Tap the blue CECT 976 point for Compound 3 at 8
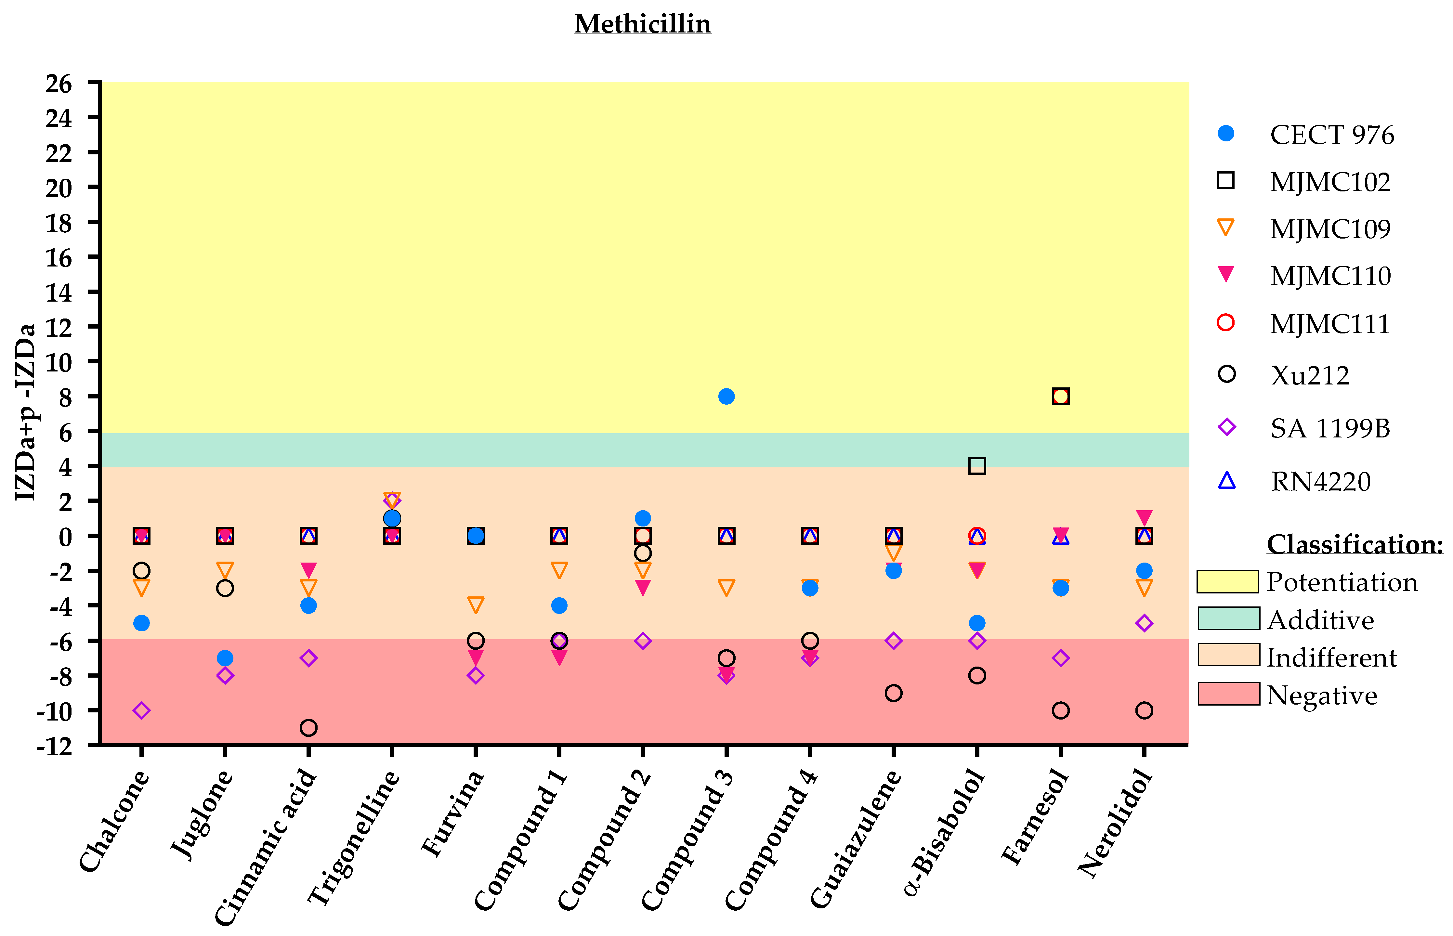tap(726, 396)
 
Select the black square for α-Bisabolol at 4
tap(976, 466)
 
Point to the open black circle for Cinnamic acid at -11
tap(308, 728)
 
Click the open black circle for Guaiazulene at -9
tap(893, 693)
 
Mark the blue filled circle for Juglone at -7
tap(225, 658)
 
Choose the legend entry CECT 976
tap(1331, 135)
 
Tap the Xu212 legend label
tap(1310, 376)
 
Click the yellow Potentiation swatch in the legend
tap(1227, 582)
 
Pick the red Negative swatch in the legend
tap(1229, 694)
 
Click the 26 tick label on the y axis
tap(59, 84)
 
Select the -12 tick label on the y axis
tap(55, 746)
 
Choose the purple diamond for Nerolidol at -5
tap(1144, 623)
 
